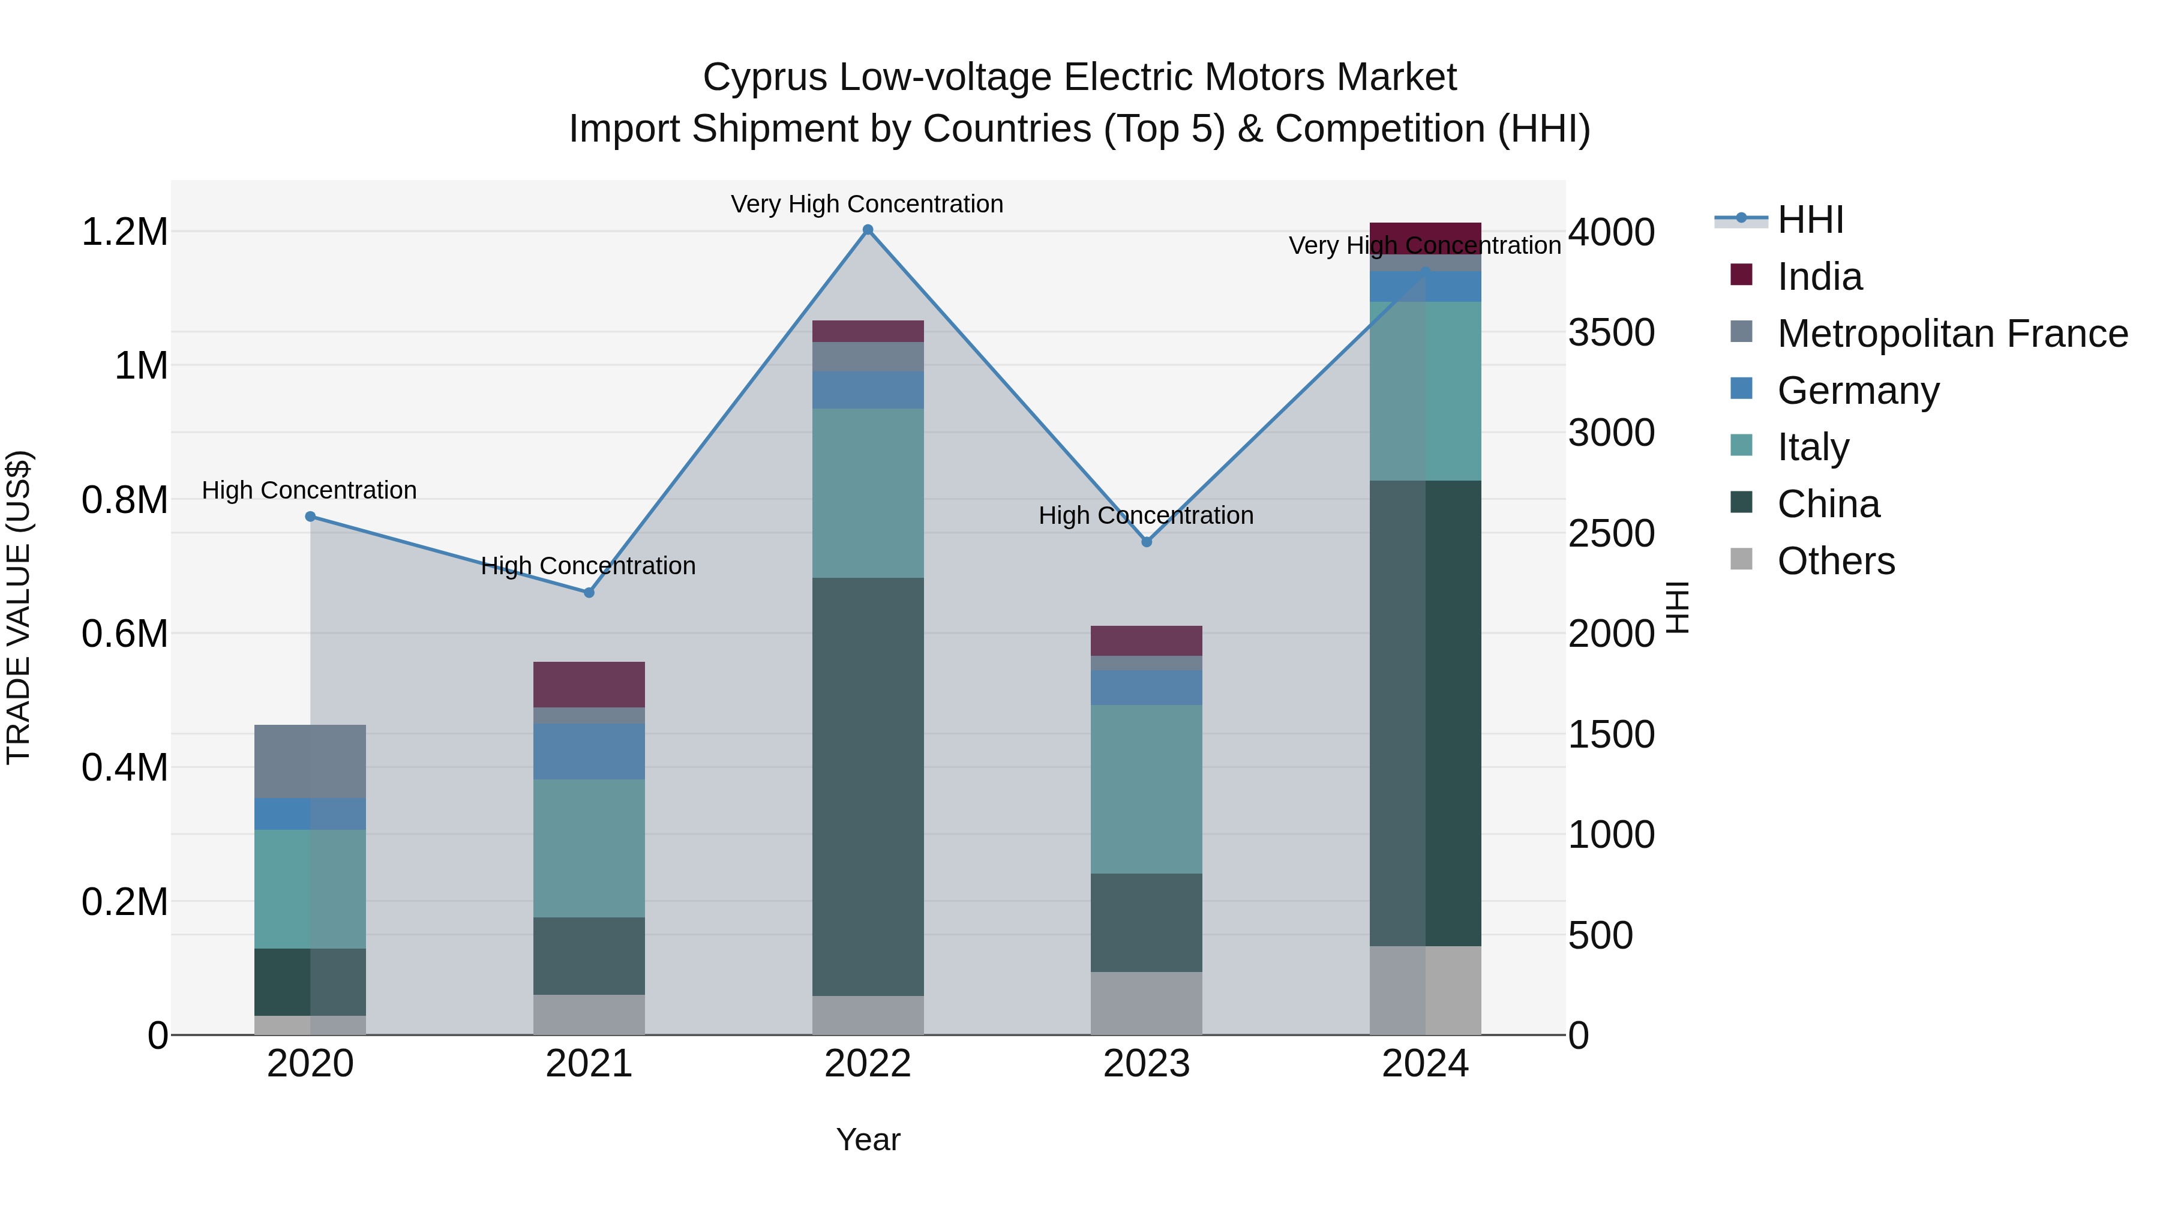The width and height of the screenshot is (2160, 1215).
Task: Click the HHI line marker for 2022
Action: (x=868, y=230)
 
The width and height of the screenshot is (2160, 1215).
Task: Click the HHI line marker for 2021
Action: (x=589, y=593)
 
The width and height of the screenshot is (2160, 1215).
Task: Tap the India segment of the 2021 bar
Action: (x=589, y=684)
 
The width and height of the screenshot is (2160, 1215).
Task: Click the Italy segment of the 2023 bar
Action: (x=1146, y=788)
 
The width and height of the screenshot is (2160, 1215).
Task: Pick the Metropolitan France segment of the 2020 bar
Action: (x=310, y=761)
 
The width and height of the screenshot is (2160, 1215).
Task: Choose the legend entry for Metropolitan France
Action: (x=1952, y=334)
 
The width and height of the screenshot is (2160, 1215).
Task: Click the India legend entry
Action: (x=1820, y=277)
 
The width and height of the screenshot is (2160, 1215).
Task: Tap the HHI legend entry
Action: (x=1810, y=220)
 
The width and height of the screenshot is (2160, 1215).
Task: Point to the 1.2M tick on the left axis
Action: (x=125, y=232)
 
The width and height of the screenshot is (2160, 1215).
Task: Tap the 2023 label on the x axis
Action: (x=1146, y=1064)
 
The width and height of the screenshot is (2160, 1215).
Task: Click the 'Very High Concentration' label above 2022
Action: (x=867, y=204)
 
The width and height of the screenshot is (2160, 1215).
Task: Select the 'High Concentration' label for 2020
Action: (x=310, y=490)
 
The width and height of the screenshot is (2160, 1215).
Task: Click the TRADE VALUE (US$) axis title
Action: (x=19, y=607)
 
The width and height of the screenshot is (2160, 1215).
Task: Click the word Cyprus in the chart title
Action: (x=764, y=77)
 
